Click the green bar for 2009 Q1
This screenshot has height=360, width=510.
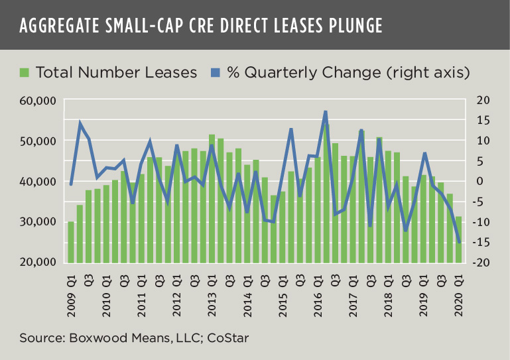71,241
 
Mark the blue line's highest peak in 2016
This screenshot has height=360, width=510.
326,112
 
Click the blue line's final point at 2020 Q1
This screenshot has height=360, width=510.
458,242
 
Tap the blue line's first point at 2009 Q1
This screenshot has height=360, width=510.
71,184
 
